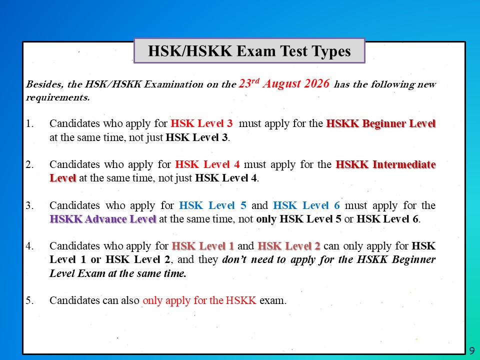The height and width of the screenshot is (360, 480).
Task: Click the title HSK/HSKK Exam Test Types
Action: tap(249, 51)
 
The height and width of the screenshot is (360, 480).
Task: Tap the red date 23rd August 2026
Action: tap(284, 83)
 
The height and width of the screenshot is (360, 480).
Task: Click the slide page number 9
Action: tap(472, 350)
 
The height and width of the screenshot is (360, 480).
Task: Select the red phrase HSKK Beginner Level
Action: tap(381, 123)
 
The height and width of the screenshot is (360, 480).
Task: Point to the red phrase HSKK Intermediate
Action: tap(385, 164)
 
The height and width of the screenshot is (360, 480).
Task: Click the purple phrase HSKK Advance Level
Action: tap(103, 219)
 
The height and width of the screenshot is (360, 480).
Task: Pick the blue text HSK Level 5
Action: tap(212, 205)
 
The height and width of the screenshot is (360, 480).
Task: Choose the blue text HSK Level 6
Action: tap(306, 205)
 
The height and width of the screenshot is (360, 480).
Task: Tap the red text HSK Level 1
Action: tap(202, 246)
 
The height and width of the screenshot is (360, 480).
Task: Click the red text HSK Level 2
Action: tap(289, 246)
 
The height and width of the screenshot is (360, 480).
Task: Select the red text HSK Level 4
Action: tap(207, 164)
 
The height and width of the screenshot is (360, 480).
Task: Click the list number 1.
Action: tap(29, 123)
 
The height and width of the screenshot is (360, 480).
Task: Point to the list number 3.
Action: tap(29, 205)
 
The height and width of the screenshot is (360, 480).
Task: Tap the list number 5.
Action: tap(29, 300)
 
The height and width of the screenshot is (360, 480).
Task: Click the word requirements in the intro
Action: tap(58, 97)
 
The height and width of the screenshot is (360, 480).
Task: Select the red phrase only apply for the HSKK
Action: tap(199, 300)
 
